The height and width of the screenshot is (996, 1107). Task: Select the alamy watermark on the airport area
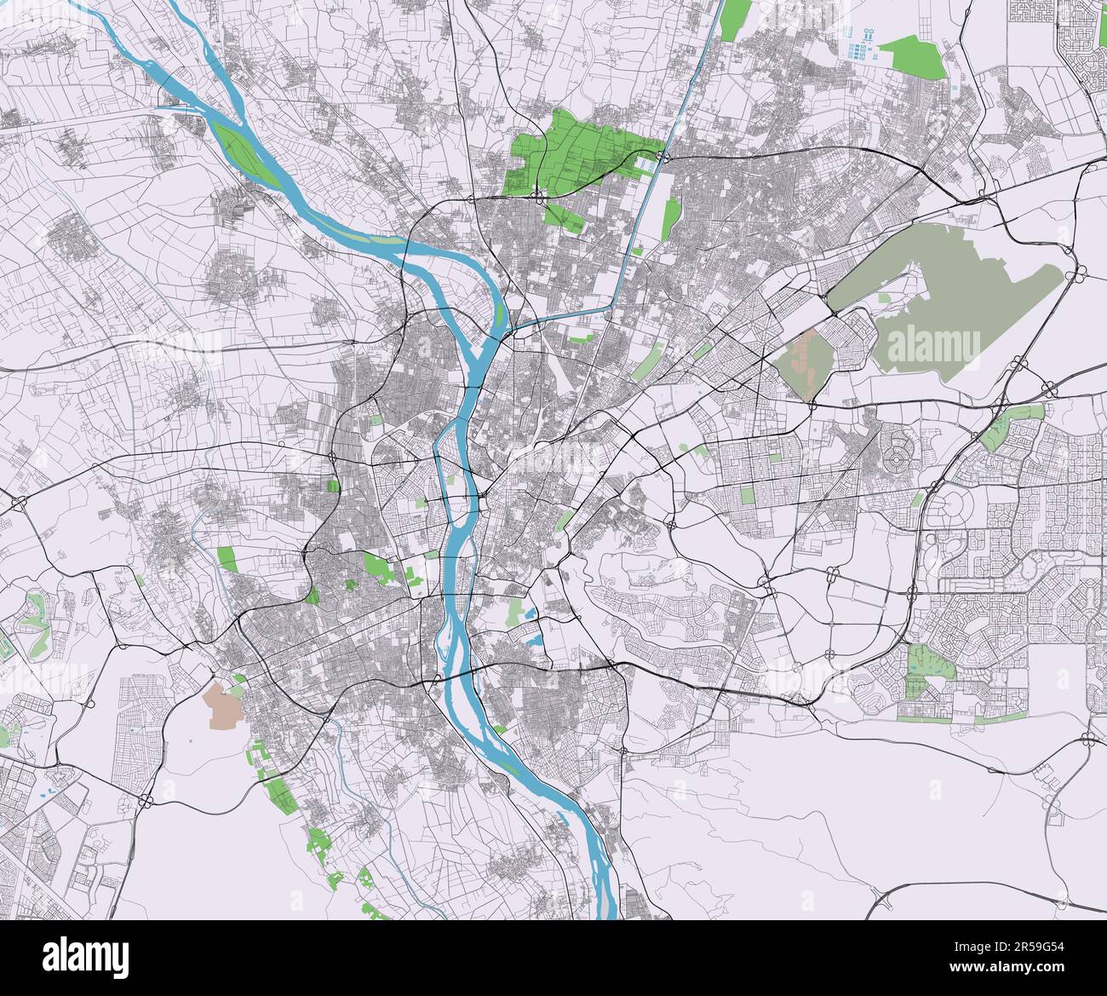(x=934, y=345)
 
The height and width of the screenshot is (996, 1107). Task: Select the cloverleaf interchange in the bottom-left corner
(x=146, y=800)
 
